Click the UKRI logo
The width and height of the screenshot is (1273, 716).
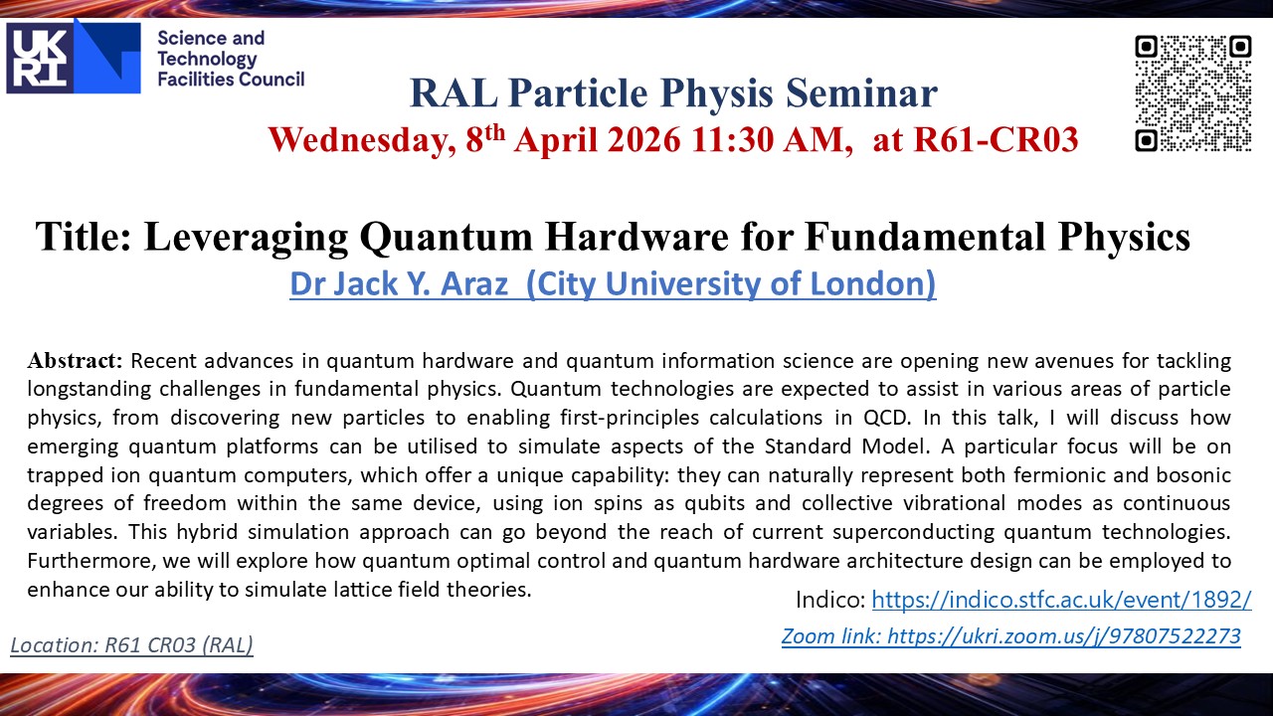point(74,58)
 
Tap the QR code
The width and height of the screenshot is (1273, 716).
point(1192,93)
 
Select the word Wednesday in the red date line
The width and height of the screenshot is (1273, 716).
point(361,140)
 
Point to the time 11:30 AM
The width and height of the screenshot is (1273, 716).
point(769,140)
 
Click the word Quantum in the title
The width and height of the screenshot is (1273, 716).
point(447,237)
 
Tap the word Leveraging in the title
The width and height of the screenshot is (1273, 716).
point(246,238)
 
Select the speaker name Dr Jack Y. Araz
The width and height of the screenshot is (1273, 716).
point(399,283)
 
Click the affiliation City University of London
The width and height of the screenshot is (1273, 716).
point(731,284)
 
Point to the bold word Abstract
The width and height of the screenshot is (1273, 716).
point(75,360)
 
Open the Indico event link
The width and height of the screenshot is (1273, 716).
point(1061,600)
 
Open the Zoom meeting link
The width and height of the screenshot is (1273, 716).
point(1011,636)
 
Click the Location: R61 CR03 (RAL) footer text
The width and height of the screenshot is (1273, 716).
point(132,645)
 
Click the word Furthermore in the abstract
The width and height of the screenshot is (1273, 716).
point(91,561)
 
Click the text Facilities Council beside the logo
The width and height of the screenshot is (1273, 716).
point(231,79)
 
